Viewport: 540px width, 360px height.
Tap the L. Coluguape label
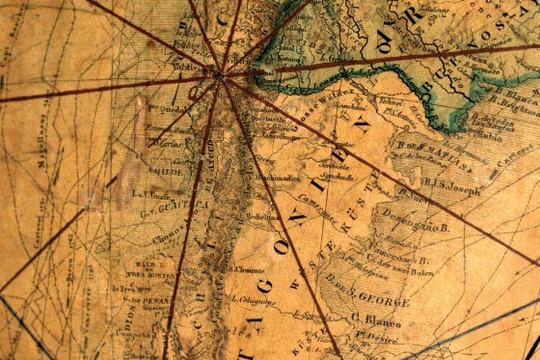[254, 302]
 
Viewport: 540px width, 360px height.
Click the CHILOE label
[157, 173]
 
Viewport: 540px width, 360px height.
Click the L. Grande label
[332, 61]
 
